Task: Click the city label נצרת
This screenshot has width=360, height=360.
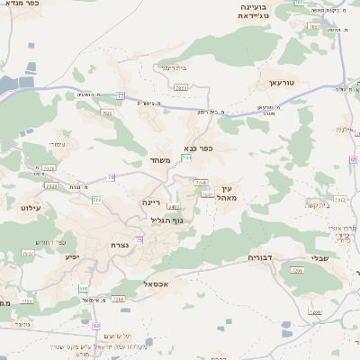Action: pyautogui.click(x=118, y=246)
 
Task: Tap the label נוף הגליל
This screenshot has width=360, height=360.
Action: pyautogui.click(x=165, y=220)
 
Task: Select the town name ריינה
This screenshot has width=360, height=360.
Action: pyautogui.click(x=150, y=203)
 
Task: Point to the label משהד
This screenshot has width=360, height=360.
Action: pyautogui.click(x=160, y=161)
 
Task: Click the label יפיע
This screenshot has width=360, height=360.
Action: pyautogui.click(x=72, y=256)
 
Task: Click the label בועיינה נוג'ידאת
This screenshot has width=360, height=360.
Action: pyautogui.click(x=253, y=11)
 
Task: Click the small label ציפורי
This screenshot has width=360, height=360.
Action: pyautogui.click(x=56, y=144)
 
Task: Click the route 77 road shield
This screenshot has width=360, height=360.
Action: pyautogui.click(x=120, y=94)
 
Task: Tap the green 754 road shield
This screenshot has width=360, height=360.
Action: pyautogui.click(x=186, y=158)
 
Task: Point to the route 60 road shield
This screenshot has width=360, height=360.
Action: pyautogui.click(x=96, y=325)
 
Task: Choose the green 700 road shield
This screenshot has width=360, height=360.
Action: pyautogui.click(x=96, y=199)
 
